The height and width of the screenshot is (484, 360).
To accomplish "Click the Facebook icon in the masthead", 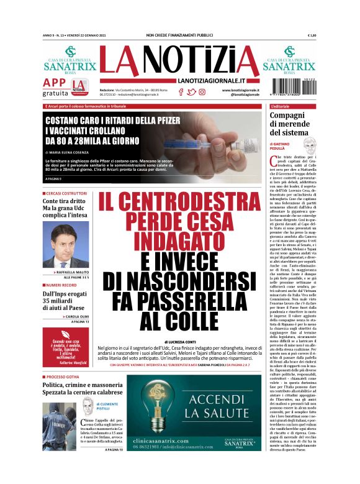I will (x=181, y=92).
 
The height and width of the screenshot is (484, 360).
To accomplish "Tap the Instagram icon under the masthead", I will (x=202, y=92).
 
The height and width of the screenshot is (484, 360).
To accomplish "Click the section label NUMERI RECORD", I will (x=62, y=285).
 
